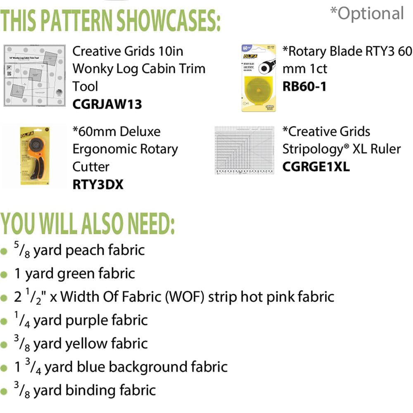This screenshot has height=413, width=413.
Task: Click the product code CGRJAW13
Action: pos(107,104)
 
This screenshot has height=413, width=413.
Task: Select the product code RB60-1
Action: pos(304,87)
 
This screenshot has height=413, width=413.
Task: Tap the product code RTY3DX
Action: pos(98,184)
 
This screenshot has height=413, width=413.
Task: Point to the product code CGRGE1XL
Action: pos(316,166)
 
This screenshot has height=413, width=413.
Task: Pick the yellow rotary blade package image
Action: pos(259,78)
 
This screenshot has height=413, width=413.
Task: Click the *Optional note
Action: pos(366,14)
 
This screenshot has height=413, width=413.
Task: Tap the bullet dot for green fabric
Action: pos(4,274)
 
